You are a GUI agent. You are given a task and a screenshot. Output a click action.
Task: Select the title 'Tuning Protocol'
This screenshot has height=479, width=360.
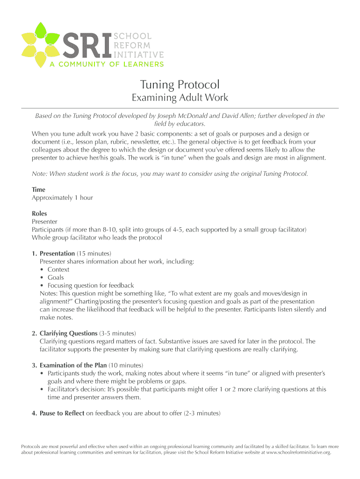(180, 85)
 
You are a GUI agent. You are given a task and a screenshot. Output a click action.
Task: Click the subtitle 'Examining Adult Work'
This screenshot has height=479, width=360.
(180, 98)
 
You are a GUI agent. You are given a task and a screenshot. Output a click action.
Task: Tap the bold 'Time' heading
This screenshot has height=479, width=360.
(38, 189)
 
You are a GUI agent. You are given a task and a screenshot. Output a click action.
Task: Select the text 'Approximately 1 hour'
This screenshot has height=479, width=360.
(62, 197)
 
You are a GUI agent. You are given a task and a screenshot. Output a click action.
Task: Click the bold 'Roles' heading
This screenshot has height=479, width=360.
(39, 213)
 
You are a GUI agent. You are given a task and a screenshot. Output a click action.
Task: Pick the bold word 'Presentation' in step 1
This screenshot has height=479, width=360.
(57, 254)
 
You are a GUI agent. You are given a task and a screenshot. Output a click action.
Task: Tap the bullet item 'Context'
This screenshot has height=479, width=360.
(58, 269)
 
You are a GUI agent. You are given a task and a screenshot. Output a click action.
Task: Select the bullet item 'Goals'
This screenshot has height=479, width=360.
(56, 277)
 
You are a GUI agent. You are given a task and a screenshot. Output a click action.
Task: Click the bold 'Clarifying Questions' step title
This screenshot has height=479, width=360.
(68, 334)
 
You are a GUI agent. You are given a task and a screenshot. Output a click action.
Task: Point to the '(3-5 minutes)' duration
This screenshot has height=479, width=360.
(117, 334)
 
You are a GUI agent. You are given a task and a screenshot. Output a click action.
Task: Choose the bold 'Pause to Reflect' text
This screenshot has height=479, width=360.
(62, 413)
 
